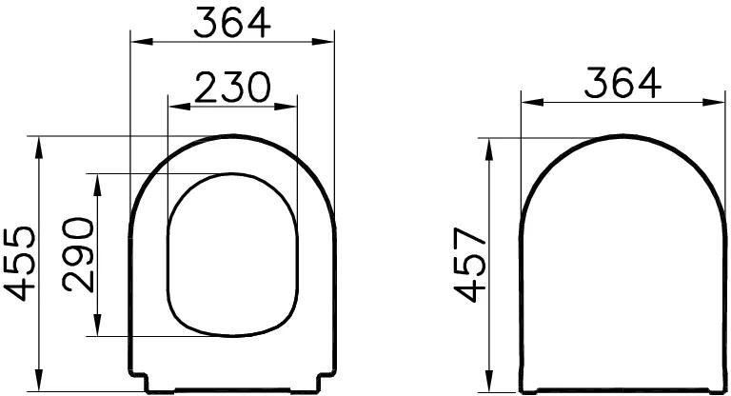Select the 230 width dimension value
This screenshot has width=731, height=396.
tap(232, 89)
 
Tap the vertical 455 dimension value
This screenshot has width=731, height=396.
tap(22, 262)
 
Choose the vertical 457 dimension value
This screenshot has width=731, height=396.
tap(469, 265)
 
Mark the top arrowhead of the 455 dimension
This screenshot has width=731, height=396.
tap(38, 142)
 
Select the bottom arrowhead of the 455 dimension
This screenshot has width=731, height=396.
tap(38, 385)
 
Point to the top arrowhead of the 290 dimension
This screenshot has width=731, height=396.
tap(97, 180)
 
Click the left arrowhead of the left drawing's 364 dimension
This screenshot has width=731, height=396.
tap(136, 41)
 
